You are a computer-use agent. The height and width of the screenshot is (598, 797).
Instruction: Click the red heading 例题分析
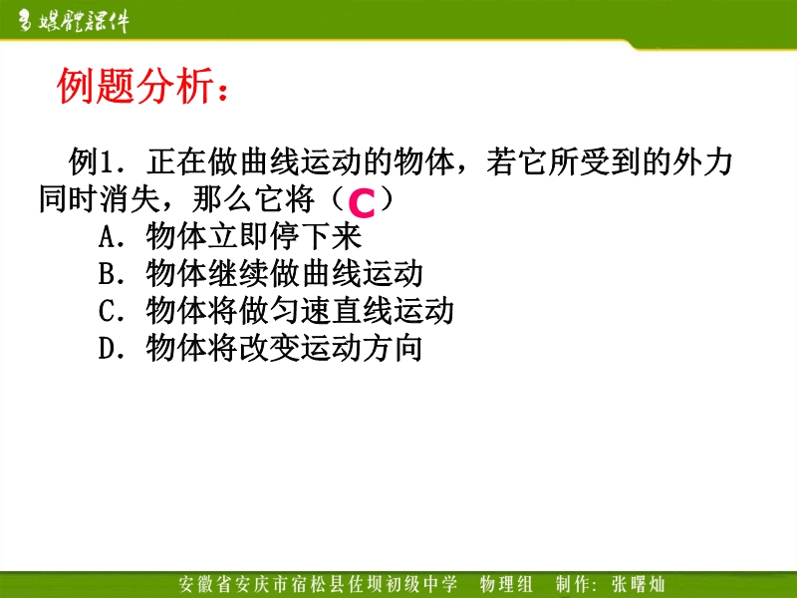click(135, 86)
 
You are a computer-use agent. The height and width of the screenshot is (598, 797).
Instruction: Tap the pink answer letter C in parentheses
click(362, 203)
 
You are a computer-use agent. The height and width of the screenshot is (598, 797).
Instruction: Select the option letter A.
click(108, 237)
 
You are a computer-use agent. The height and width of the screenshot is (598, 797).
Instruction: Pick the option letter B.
click(108, 273)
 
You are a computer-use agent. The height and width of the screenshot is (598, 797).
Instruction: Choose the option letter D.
click(108, 348)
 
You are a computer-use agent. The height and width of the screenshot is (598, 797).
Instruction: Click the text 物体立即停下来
click(254, 236)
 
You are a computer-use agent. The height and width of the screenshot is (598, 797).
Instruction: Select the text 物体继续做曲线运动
click(285, 273)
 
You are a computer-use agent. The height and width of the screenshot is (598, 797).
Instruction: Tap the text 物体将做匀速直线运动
click(300, 310)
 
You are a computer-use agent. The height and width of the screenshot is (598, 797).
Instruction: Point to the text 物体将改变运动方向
click(285, 347)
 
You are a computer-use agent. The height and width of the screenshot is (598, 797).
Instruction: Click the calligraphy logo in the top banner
click(73, 21)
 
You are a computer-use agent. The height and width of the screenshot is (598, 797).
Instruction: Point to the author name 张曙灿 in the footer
click(639, 584)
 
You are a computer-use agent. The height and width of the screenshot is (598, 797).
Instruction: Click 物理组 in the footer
click(506, 584)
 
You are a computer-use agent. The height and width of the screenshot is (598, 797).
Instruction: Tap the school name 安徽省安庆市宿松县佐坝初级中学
click(318, 584)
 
